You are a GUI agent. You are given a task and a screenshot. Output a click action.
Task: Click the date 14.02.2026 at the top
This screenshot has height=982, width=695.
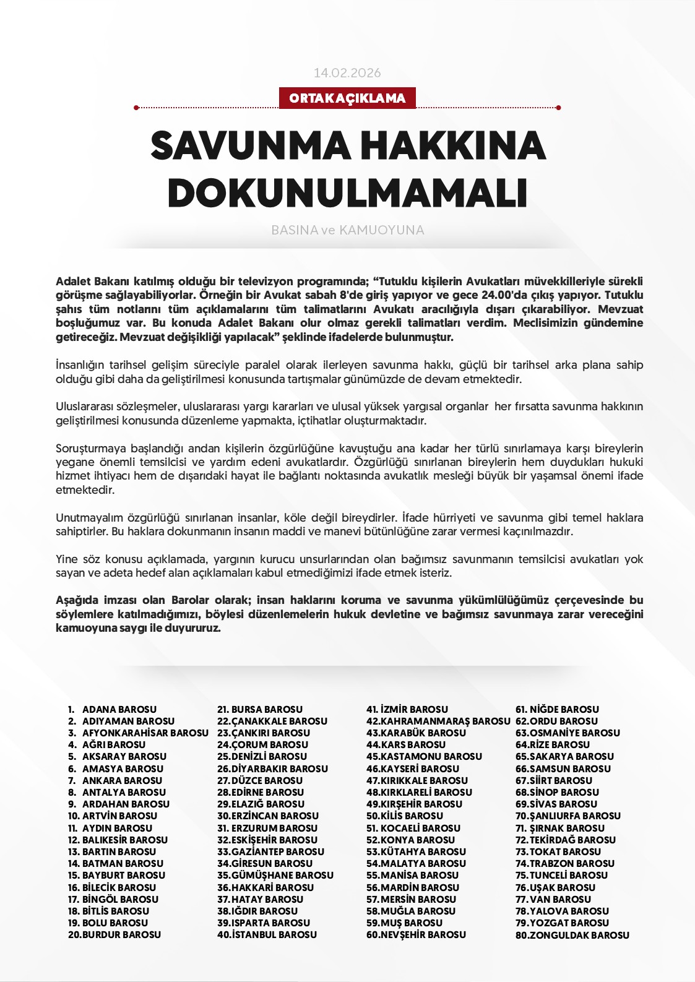click(x=347, y=73)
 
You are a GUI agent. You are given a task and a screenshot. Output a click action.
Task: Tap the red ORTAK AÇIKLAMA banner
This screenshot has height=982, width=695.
click(x=347, y=98)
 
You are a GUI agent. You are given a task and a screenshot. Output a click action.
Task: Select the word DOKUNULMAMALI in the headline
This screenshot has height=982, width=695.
click(x=347, y=193)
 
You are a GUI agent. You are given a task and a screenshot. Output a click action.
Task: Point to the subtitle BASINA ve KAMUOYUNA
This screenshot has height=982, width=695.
click(x=347, y=230)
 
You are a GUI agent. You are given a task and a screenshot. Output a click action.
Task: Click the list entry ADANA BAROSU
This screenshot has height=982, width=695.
click(x=119, y=710)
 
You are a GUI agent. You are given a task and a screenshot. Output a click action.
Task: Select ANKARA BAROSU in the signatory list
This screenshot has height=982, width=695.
click(x=122, y=781)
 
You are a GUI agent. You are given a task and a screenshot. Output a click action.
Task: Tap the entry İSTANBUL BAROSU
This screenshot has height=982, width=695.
click(x=274, y=935)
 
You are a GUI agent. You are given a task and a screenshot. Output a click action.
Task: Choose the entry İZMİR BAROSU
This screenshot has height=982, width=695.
click(x=414, y=710)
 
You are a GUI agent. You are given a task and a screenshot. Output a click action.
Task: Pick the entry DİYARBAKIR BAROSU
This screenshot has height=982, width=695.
click(x=279, y=769)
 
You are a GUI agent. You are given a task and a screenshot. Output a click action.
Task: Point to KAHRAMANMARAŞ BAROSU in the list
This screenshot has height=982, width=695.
click(x=445, y=721)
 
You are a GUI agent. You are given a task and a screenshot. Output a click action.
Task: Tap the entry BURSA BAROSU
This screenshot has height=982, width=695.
click(x=267, y=710)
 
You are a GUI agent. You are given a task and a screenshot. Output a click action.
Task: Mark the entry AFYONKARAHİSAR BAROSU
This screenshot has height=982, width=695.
click(x=145, y=733)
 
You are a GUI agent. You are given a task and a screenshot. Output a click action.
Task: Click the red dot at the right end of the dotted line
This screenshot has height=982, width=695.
click(x=559, y=108)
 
